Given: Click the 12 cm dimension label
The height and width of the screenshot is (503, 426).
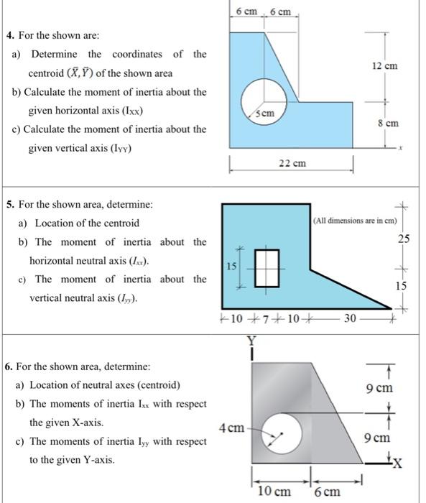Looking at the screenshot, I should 384,67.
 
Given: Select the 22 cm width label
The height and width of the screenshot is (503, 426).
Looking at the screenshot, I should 292,164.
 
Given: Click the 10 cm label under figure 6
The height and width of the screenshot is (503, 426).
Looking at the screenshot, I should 274,492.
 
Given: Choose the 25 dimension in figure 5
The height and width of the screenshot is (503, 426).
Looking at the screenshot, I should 404,238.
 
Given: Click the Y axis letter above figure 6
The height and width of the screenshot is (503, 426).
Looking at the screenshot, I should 251,342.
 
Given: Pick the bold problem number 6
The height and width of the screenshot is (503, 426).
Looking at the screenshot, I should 9,366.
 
